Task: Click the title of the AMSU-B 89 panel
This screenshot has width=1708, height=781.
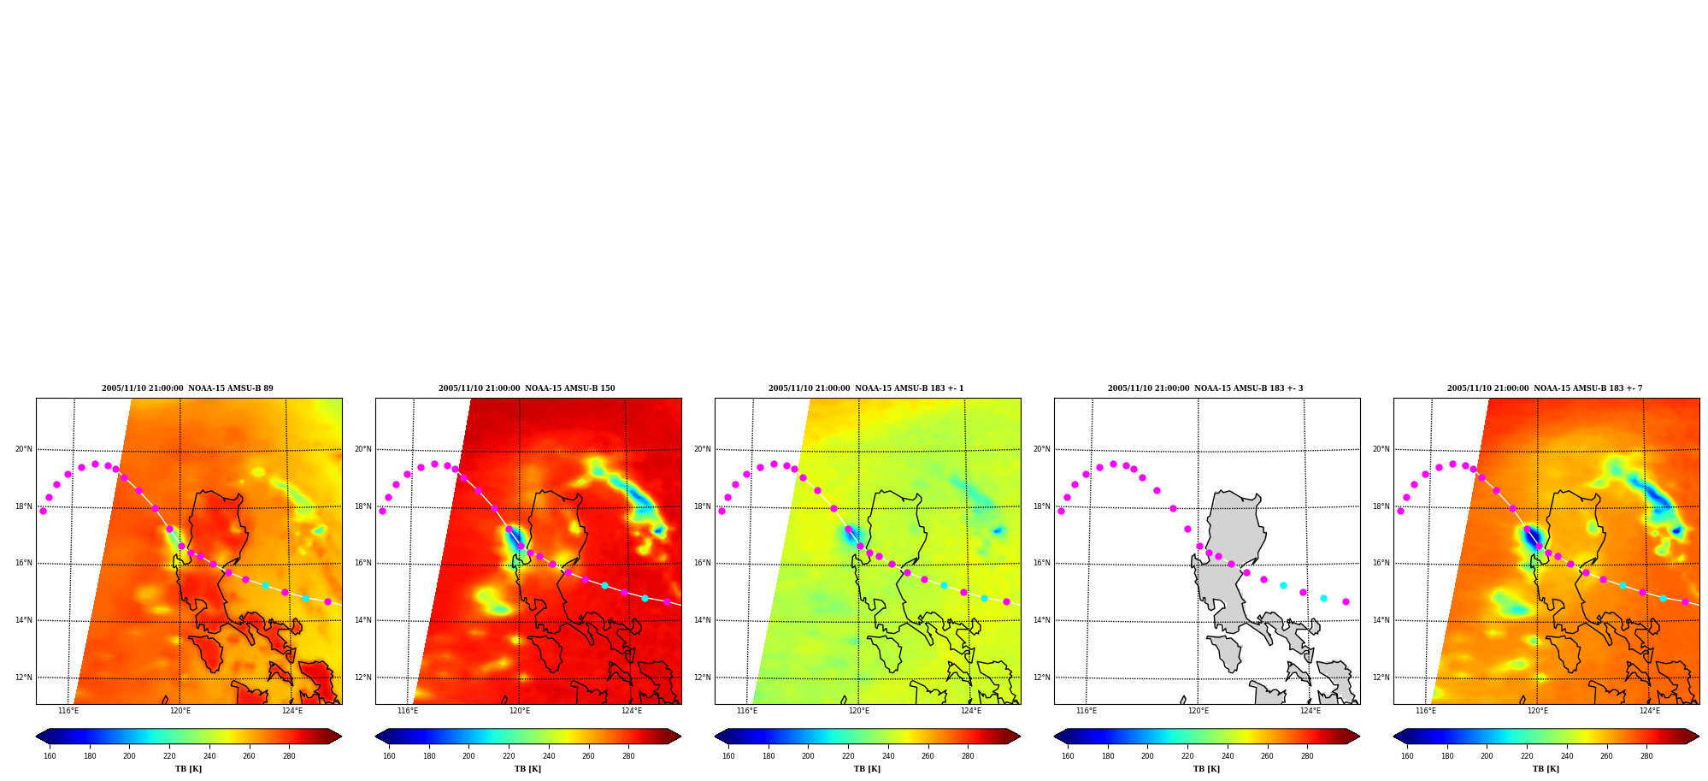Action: tap(187, 388)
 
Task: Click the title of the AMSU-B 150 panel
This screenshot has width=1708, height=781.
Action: tap(527, 388)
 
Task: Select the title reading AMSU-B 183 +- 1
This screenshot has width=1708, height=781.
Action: tap(866, 388)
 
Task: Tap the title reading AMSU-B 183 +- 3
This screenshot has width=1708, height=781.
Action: tap(1205, 388)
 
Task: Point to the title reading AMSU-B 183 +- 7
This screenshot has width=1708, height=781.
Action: tap(1545, 388)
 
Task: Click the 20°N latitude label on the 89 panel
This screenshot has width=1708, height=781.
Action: tap(23, 449)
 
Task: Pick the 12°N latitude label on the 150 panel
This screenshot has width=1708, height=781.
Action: tap(362, 677)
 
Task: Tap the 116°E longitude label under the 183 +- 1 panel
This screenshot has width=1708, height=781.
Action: tap(747, 711)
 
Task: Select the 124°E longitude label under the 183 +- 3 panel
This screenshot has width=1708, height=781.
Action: tap(1310, 711)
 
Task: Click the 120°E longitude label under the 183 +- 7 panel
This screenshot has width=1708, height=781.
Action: tap(1538, 711)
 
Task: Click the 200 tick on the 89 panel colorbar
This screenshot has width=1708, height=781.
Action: tap(129, 756)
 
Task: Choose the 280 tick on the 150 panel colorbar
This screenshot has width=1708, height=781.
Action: tap(628, 756)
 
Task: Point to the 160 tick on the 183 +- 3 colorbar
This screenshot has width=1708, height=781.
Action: tap(1068, 756)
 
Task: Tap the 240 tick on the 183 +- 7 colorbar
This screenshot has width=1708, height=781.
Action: tap(1567, 756)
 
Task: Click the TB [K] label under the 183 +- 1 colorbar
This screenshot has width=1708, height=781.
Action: tap(867, 769)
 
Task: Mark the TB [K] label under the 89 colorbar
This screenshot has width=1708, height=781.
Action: tap(188, 769)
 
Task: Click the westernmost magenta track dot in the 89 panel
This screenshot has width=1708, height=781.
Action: tap(43, 511)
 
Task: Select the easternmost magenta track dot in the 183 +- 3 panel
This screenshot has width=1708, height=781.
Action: tap(1346, 601)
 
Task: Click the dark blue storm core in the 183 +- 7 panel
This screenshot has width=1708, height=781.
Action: tap(1531, 539)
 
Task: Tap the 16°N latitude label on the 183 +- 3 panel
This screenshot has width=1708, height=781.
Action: tap(1041, 563)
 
